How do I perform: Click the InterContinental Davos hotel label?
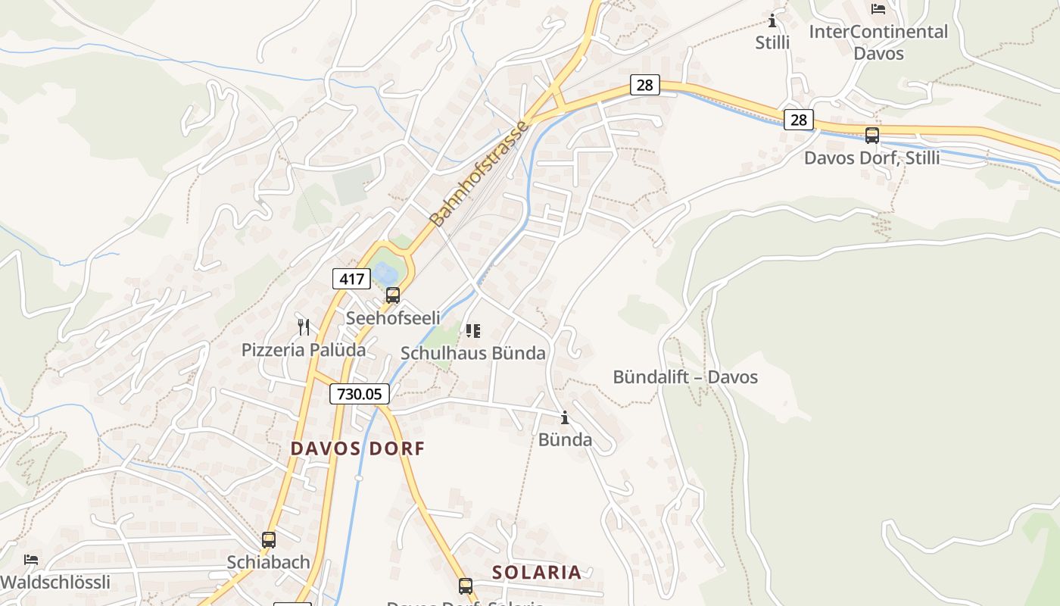click(878, 42)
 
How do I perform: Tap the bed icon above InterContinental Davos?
click(878, 9)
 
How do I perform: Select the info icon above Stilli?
click(772, 20)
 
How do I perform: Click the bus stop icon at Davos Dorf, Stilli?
click(872, 136)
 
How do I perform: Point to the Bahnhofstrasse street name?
click(479, 173)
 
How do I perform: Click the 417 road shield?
click(352, 279)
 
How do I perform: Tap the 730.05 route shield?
click(360, 394)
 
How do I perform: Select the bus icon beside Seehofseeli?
click(392, 295)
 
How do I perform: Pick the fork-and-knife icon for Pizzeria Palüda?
click(304, 327)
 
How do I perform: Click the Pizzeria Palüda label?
click(304, 350)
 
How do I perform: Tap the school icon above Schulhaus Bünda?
click(473, 331)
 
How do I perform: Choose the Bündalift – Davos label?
click(685, 376)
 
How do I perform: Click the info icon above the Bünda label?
click(564, 417)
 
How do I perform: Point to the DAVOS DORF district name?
click(357, 448)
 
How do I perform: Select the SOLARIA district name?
click(537, 573)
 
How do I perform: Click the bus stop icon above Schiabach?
click(269, 540)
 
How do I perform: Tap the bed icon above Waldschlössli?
click(31, 561)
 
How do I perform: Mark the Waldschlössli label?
click(55, 583)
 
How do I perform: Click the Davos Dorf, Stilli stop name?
click(872, 158)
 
